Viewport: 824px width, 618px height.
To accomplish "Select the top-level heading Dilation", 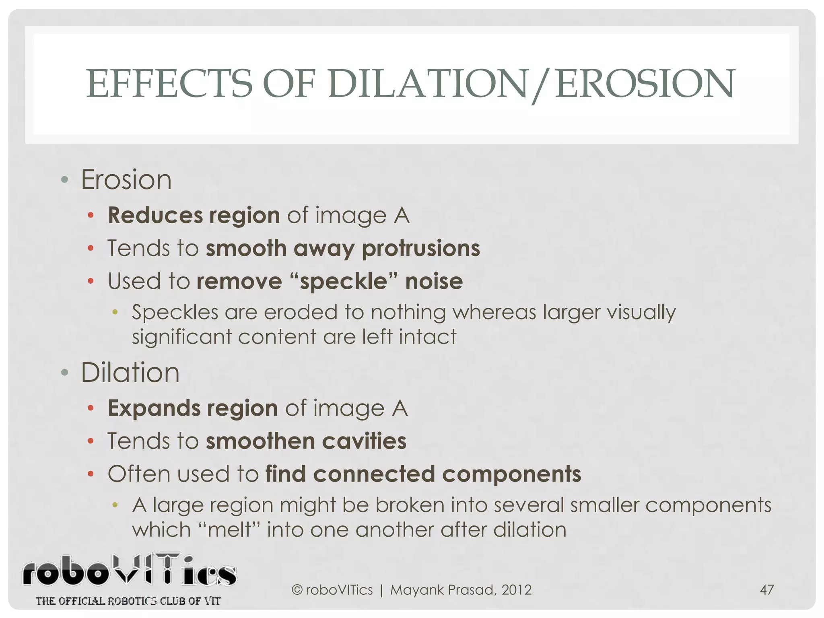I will coord(130,373).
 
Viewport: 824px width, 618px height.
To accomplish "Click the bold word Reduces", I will coord(155,215).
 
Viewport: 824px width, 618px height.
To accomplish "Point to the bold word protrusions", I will coord(421,249).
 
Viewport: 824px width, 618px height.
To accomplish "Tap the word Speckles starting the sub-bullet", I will coord(175,312).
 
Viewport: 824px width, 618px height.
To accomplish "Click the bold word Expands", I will coord(154,408).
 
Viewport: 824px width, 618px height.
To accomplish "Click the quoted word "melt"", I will coord(229,530).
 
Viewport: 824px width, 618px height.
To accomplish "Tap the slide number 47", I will coord(766,590).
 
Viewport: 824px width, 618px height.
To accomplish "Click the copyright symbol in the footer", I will coord(297,590).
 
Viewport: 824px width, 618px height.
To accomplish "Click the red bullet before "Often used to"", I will coord(91,474).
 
